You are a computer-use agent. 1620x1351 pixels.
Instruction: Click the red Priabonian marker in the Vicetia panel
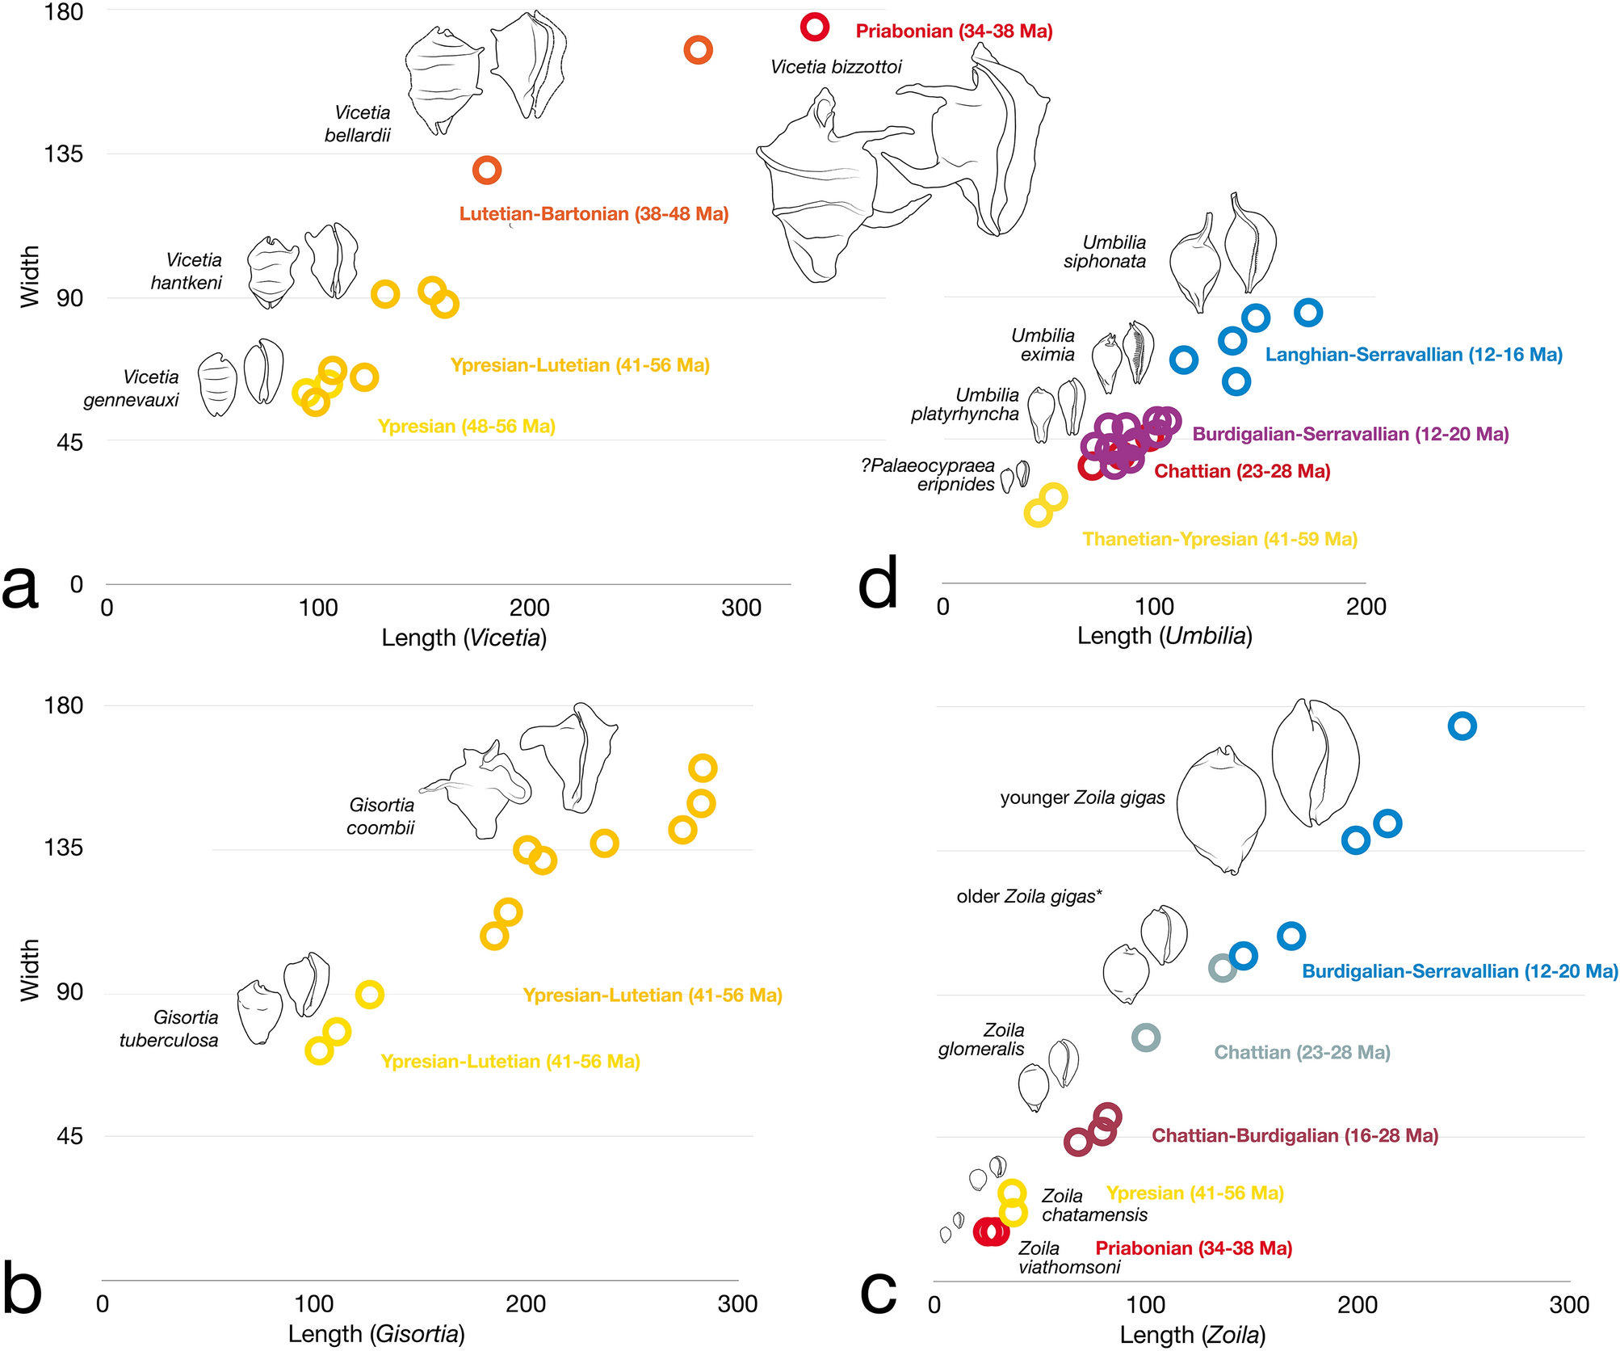(815, 27)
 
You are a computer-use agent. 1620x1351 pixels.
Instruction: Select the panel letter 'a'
(21, 587)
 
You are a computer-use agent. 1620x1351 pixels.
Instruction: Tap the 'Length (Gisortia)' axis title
(376, 1333)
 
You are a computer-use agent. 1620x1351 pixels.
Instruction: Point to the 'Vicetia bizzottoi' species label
(836, 67)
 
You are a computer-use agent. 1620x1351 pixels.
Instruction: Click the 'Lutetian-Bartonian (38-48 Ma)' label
(594, 214)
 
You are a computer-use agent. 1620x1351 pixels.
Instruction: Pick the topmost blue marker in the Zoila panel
(1463, 726)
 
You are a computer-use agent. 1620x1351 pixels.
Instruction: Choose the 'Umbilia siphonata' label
(1106, 252)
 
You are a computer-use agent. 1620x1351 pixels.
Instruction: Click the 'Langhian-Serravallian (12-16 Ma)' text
(1413, 355)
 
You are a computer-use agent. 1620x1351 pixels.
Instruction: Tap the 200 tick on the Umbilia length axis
(1366, 607)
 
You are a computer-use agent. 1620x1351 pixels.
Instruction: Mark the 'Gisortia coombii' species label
(381, 816)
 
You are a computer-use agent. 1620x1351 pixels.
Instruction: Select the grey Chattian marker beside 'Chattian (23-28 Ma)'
(1146, 1037)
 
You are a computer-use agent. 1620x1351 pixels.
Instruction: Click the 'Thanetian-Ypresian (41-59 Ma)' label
(1219, 539)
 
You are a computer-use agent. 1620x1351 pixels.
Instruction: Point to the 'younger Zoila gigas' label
(1082, 798)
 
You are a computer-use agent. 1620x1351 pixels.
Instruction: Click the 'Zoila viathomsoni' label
(1068, 1257)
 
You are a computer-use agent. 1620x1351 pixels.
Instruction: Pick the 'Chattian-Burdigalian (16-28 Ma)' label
(1295, 1135)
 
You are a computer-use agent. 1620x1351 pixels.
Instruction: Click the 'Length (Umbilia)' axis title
(1165, 636)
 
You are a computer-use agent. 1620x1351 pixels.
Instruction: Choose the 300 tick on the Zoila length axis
(1569, 1304)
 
